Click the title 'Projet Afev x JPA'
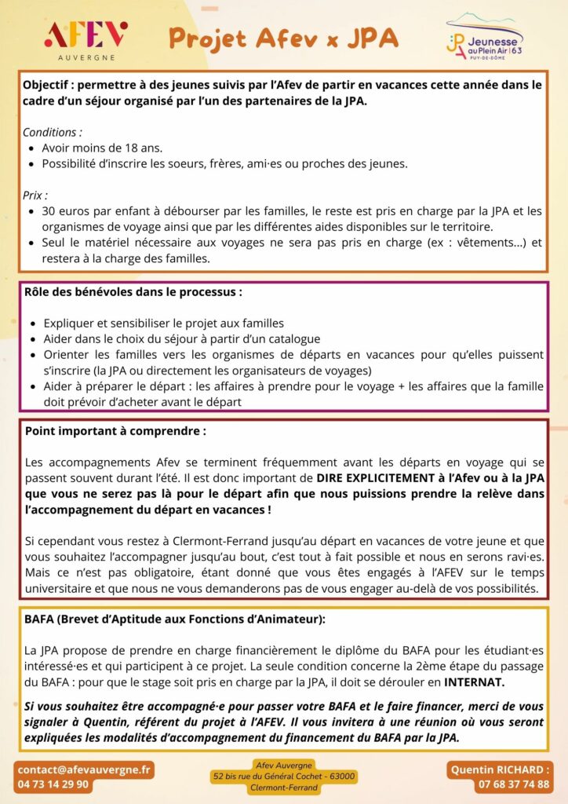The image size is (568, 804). click(x=283, y=37)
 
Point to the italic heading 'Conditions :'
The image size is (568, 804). click(x=52, y=132)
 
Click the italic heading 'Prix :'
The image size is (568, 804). click(x=35, y=195)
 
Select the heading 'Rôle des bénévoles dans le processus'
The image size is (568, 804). click(x=133, y=292)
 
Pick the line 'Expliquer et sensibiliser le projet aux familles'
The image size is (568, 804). click(x=163, y=323)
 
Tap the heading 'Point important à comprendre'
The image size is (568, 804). click(x=115, y=431)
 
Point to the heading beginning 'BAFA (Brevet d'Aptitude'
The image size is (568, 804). click(x=174, y=619)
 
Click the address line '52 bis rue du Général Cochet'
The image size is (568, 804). click(x=284, y=777)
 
